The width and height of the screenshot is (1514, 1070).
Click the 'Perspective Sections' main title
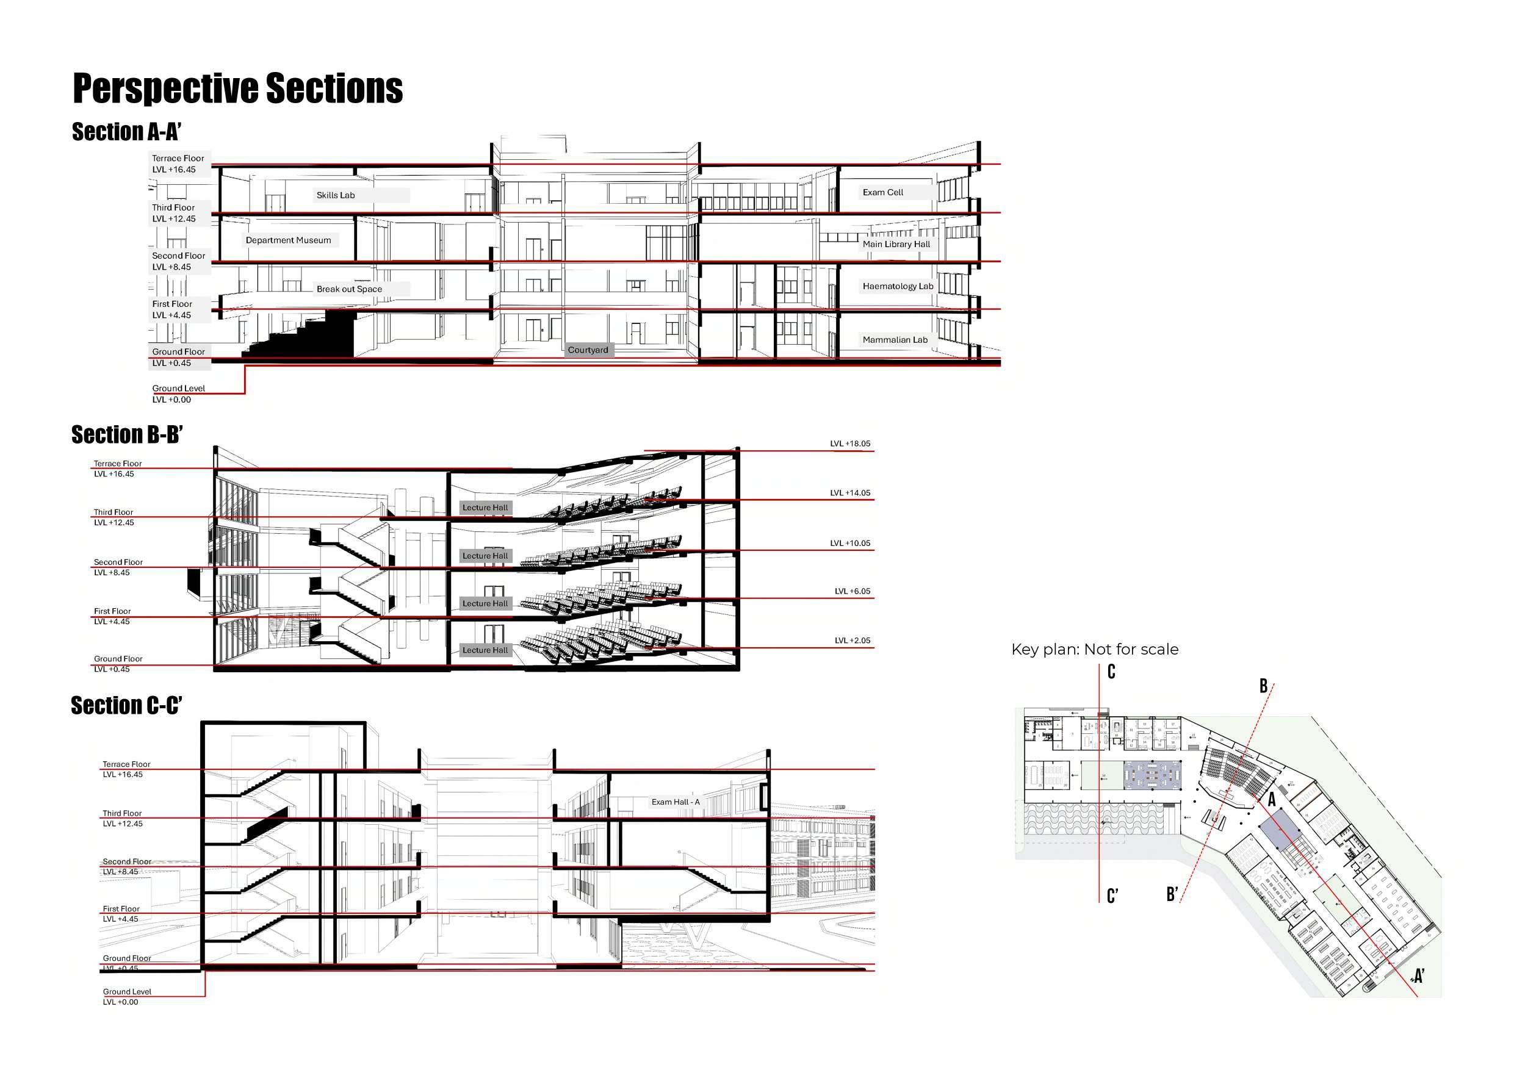pyautogui.click(x=237, y=88)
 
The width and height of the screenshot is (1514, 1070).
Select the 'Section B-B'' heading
pyautogui.click(x=126, y=435)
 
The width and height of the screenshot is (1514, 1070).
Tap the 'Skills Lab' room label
pyautogui.click(x=336, y=195)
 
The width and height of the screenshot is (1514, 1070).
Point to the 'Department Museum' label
pyautogui.click(x=288, y=240)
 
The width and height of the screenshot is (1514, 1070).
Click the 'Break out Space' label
pyautogui.click(x=349, y=289)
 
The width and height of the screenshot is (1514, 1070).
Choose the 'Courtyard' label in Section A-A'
pyautogui.click(x=588, y=350)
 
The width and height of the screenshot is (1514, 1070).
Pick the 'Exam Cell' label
pyautogui.click(x=883, y=193)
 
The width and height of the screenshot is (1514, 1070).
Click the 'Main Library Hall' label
pyautogui.click(x=896, y=244)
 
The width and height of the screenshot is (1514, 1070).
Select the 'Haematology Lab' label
pyautogui.click(x=898, y=286)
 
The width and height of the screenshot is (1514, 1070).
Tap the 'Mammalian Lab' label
pyautogui.click(x=895, y=340)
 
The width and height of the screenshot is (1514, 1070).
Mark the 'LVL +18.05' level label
pyautogui.click(x=850, y=443)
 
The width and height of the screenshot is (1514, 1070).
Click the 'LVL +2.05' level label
pyautogui.click(x=852, y=640)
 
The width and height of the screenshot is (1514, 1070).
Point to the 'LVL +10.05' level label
pyautogui.click(x=850, y=544)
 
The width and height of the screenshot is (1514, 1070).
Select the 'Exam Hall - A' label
pyautogui.click(x=676, y=802)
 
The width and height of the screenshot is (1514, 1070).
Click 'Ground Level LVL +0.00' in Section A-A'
pyautogui.click(x=178, y=393)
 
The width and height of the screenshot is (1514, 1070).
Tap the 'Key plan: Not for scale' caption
pyautogui.click(x=1095, y=650)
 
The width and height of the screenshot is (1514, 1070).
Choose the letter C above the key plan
pyautogui.click(x=1111, y=672)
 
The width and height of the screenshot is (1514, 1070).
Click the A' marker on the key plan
pyautogui.click(x=1418, y=975)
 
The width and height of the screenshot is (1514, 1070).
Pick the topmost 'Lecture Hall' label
pyautogui.click(x=485, y=508)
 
